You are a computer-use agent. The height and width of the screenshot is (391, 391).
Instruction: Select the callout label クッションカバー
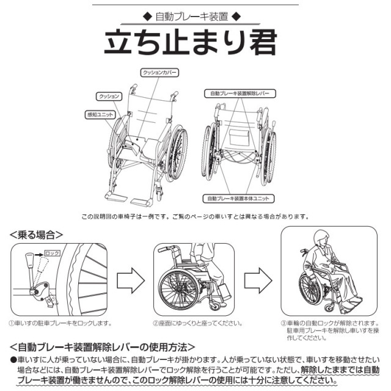[159, 73]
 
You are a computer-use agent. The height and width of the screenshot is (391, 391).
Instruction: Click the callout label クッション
[109, 97]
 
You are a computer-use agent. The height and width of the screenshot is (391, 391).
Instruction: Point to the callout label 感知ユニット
[99, 114]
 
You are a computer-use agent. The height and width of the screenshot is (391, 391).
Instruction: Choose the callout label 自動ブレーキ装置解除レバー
[239, 93]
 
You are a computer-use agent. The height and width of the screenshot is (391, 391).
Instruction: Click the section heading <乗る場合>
[37, 234]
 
